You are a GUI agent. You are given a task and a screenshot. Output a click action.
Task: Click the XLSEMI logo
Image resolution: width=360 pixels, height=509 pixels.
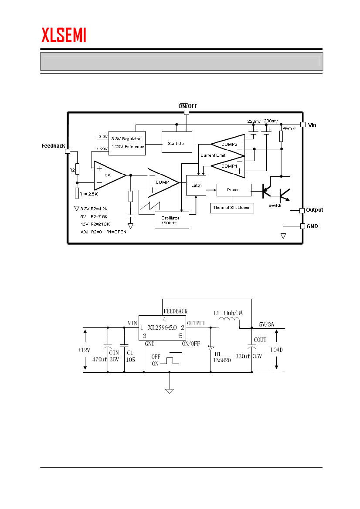(64, 35)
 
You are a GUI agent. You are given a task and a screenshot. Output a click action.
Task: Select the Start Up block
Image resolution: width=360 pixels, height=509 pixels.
(177, 142)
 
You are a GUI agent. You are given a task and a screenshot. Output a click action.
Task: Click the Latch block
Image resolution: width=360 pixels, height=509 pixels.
(196, 185)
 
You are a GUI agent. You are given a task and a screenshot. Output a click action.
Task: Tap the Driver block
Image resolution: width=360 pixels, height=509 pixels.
(233, 190)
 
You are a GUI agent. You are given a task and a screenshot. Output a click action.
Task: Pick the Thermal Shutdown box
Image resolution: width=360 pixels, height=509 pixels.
(231, 208)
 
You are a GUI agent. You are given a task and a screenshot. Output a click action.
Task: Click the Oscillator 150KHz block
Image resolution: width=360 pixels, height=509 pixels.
(172, 219)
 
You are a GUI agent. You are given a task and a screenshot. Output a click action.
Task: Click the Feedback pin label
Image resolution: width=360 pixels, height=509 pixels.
(53, 146)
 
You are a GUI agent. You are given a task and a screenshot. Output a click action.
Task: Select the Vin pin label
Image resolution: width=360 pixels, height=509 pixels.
(312, 125)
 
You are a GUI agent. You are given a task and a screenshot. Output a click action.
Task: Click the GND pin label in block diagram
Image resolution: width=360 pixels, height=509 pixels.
(312, 226)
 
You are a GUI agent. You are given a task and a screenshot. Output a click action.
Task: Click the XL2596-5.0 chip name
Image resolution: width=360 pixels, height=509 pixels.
(162, 327)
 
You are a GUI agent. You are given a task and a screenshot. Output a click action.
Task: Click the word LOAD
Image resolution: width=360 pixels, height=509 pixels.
(276, 350)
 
